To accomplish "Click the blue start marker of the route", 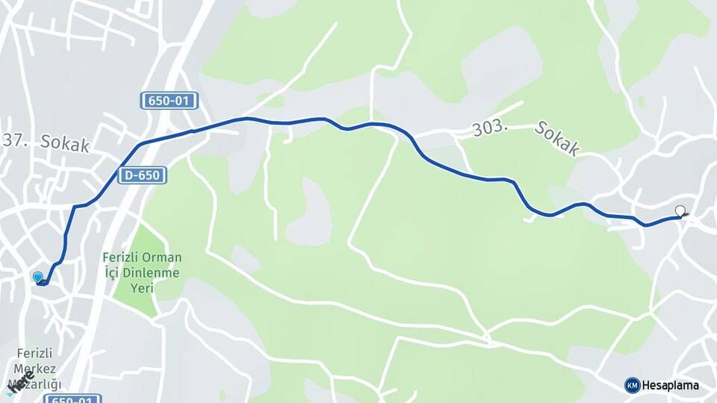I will click(x=38, y=278).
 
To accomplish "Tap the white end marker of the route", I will click(x=680, y=210).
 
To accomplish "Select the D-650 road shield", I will click(x=141, y=175).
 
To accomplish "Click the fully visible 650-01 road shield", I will click(x=167, y=101).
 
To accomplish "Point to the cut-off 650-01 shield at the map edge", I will click(x=72, y=399).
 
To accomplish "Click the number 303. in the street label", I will click(x=490, y=129).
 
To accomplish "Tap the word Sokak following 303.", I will click(x=556, y=139).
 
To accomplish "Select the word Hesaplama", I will click(x=671, y=385).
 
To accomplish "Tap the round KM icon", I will click(x=632, y=385).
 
